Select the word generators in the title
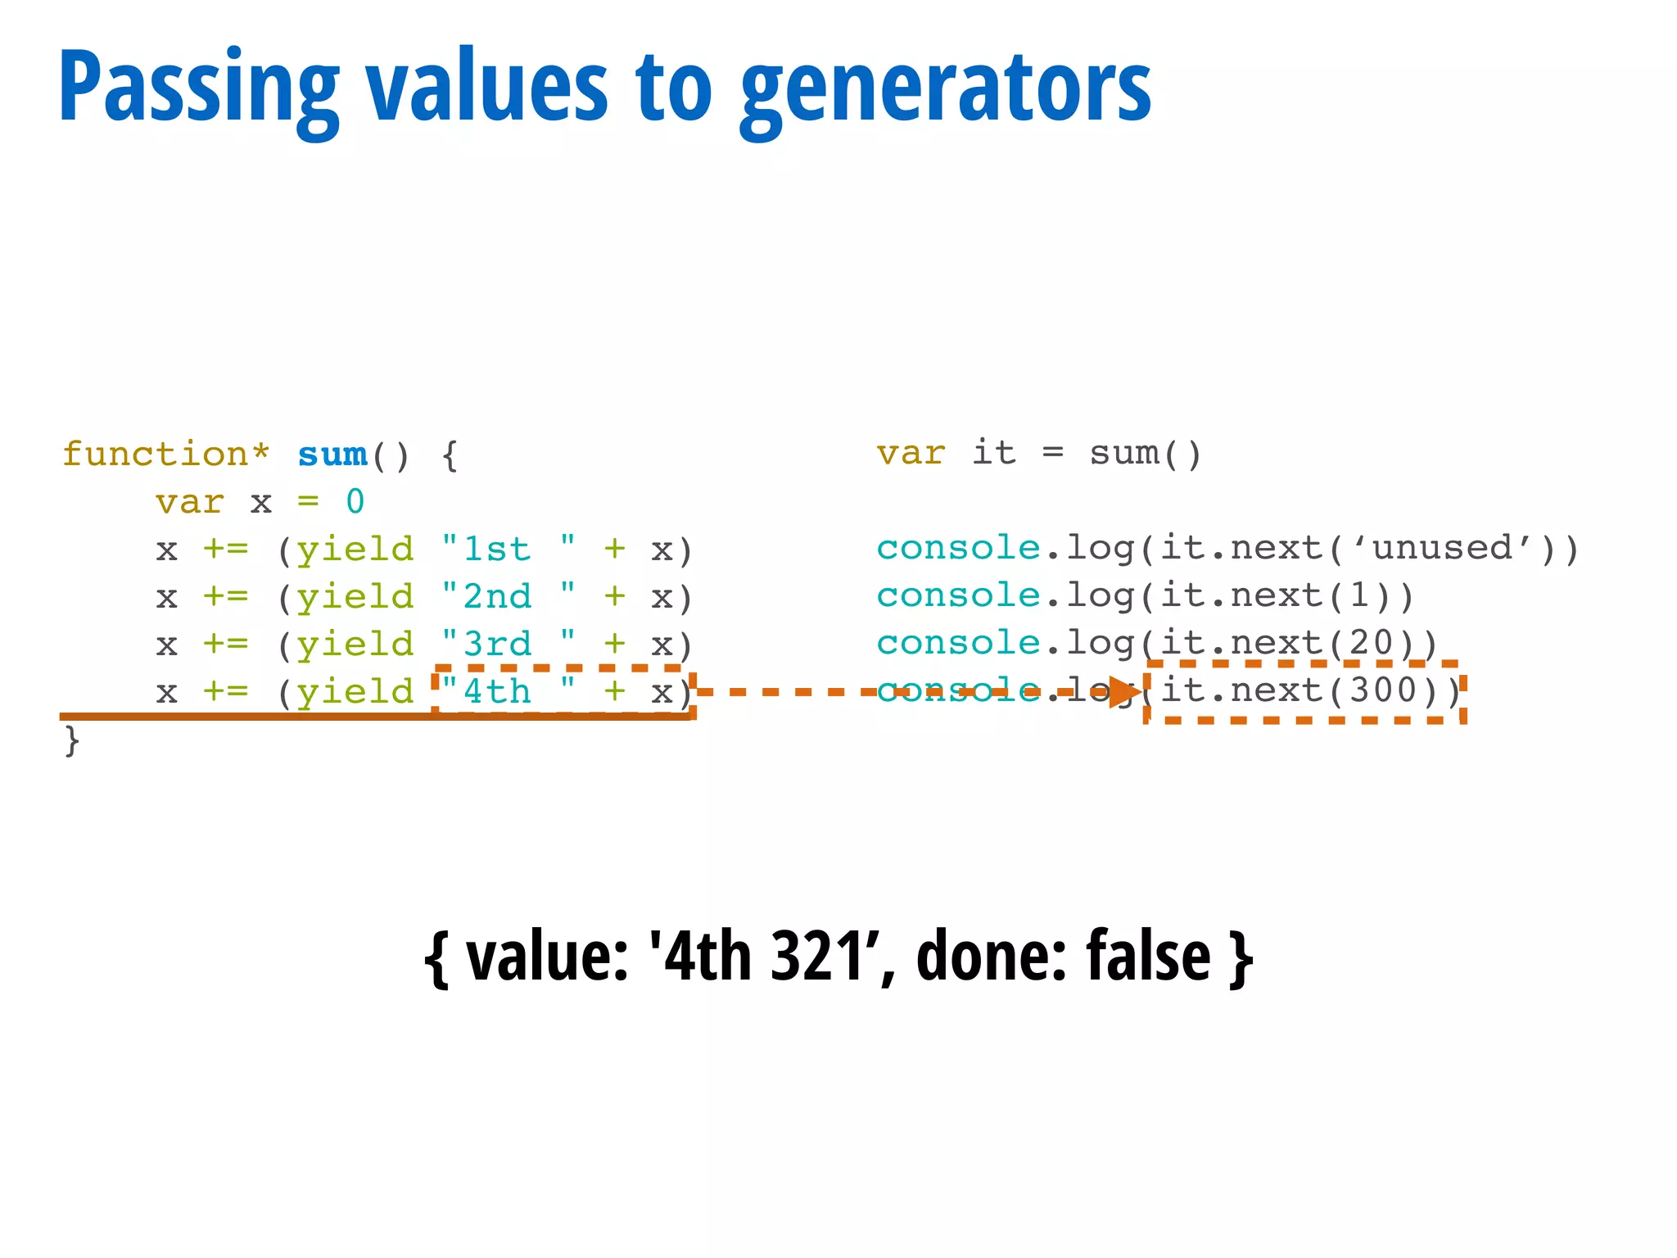point(946,88)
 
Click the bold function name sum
point(332,455)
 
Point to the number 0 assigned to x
point(355,502)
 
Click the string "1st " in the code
point(508,550)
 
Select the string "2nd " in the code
point(508,597)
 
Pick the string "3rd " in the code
point(508,645)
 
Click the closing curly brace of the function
point(72,740)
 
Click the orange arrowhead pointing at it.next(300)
point(1125,693)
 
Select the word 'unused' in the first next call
point(1441,548)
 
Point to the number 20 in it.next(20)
point(1371,643)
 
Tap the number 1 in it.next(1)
point(1359,595)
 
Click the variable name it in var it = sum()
point(994,453)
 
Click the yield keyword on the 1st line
point(355,550)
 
